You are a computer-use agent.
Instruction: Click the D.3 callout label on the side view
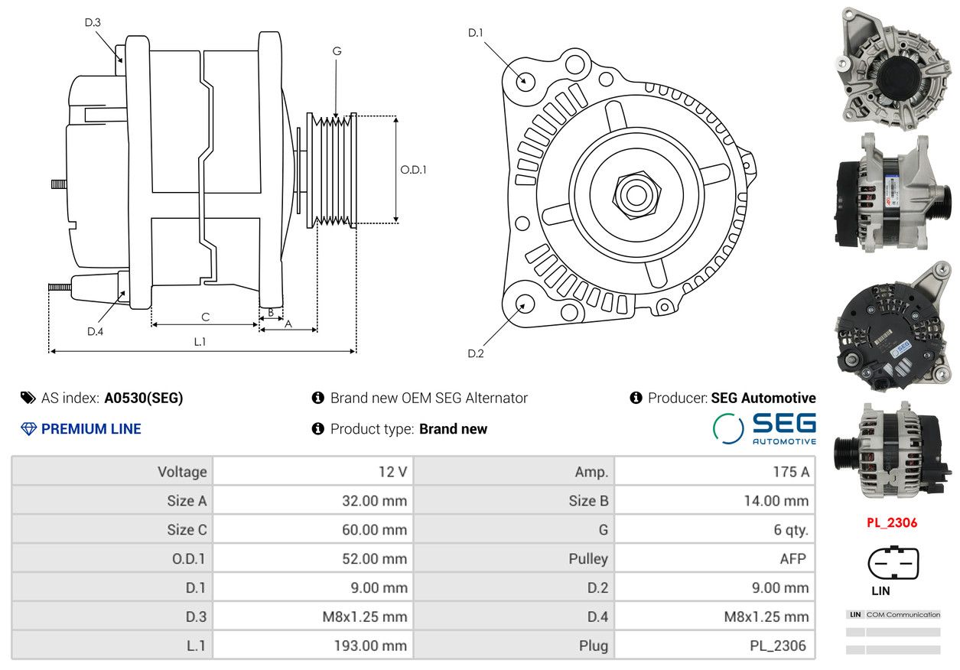pos(93,22)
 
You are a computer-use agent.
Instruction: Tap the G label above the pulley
pos(337,51)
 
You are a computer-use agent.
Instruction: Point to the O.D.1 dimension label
pos(413,170)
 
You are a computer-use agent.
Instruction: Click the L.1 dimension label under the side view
pos(200,341)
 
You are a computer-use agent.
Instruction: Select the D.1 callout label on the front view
pos(475,33)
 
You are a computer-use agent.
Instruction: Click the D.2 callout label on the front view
pos(475,353)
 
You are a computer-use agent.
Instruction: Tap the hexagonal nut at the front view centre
pos(636,195)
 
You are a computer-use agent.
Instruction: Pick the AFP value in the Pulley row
pos(792,558)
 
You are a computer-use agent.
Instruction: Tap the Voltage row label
pos(182,472)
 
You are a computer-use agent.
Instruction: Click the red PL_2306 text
pos(892,522)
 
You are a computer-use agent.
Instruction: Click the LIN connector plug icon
pos(893,561)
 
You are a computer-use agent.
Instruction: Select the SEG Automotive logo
pos(764,429)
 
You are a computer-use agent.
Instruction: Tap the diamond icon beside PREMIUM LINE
pos(29,429)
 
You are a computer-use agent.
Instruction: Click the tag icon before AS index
pos(28,398)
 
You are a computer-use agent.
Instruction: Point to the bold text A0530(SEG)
pos(144,398)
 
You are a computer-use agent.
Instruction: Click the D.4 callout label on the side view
pos(95,331)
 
